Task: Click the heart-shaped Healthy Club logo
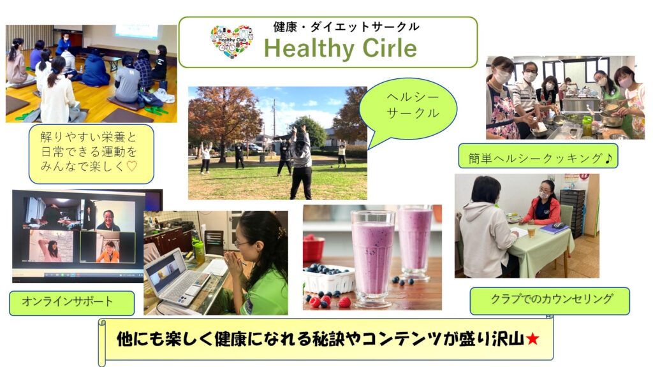(x=232, y=41)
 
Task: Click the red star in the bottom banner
(x=532, y=339)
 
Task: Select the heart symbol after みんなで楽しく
(x=131, y=166)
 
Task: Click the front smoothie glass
(x=372, y=257)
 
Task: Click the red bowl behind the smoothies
(x=313, y=248)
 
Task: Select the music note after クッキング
(x=608, y=158)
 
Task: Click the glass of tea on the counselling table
(x=531, y=229)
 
